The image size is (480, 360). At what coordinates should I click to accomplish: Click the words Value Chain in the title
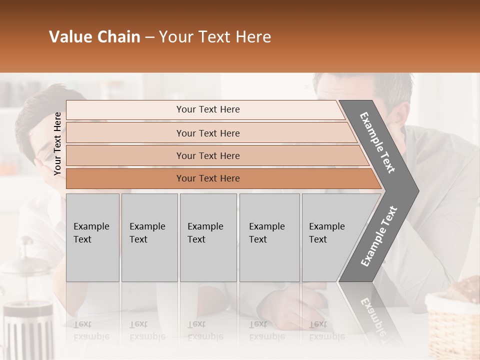pyautogui.click(x=94, y=37)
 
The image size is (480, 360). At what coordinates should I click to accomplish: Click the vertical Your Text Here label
pyautogui.click(x=57, y=143)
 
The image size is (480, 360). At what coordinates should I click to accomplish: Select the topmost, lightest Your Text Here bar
pyautogui.click(x=207, y=109)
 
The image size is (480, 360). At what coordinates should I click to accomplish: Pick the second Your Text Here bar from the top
pyautogui.click(x=207, y=133)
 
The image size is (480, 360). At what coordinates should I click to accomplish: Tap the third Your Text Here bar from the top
pyautogui.click(x=207, y=155)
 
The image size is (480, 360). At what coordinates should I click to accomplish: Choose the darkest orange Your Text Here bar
pyautogui.click(x=207, y=178)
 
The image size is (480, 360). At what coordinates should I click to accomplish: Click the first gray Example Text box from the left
pyautogui.click(x=92, y=237)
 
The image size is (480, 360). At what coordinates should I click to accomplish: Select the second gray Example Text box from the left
pyautogui.click(x=149, y=237)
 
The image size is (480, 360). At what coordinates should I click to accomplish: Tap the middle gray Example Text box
pyautogui.click(x=208, y=237)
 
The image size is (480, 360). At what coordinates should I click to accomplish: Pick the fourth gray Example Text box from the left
pyautogui.click(x=269, y=237)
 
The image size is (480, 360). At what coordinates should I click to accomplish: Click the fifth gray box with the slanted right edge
pyautogui.click(x=330, y=237)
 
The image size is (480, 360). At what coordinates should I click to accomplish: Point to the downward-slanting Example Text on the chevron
pyautogui.click(x=378, y=142)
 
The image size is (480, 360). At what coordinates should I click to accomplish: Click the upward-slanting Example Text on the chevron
pyautogui.click(x=378, y=236)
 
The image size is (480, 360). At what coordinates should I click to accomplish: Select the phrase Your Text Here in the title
pyautogui.click(x=215, y=37)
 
